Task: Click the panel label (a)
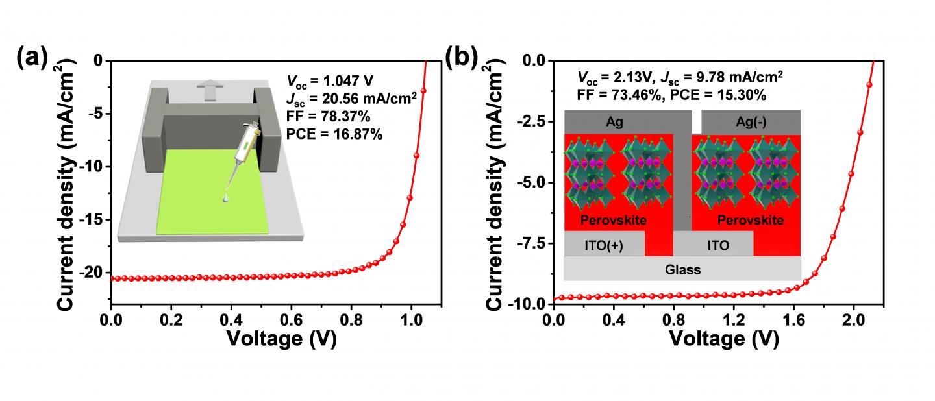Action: coord(32,59)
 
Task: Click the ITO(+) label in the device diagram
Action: coord(604,246)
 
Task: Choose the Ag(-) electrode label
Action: coord(751,121)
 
